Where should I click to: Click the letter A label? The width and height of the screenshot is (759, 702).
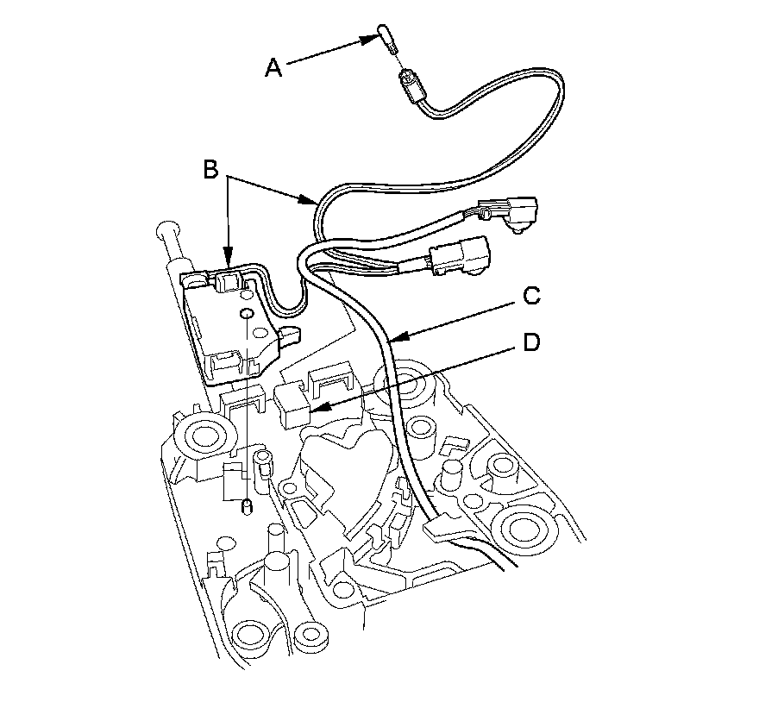(273, 67)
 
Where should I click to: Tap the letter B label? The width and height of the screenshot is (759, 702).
(211, 170)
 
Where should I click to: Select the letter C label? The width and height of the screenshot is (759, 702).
(532, 297)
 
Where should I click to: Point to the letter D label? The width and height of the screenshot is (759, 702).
(532, 343)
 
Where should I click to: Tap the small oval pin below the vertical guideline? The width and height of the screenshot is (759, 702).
(246, 506)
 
